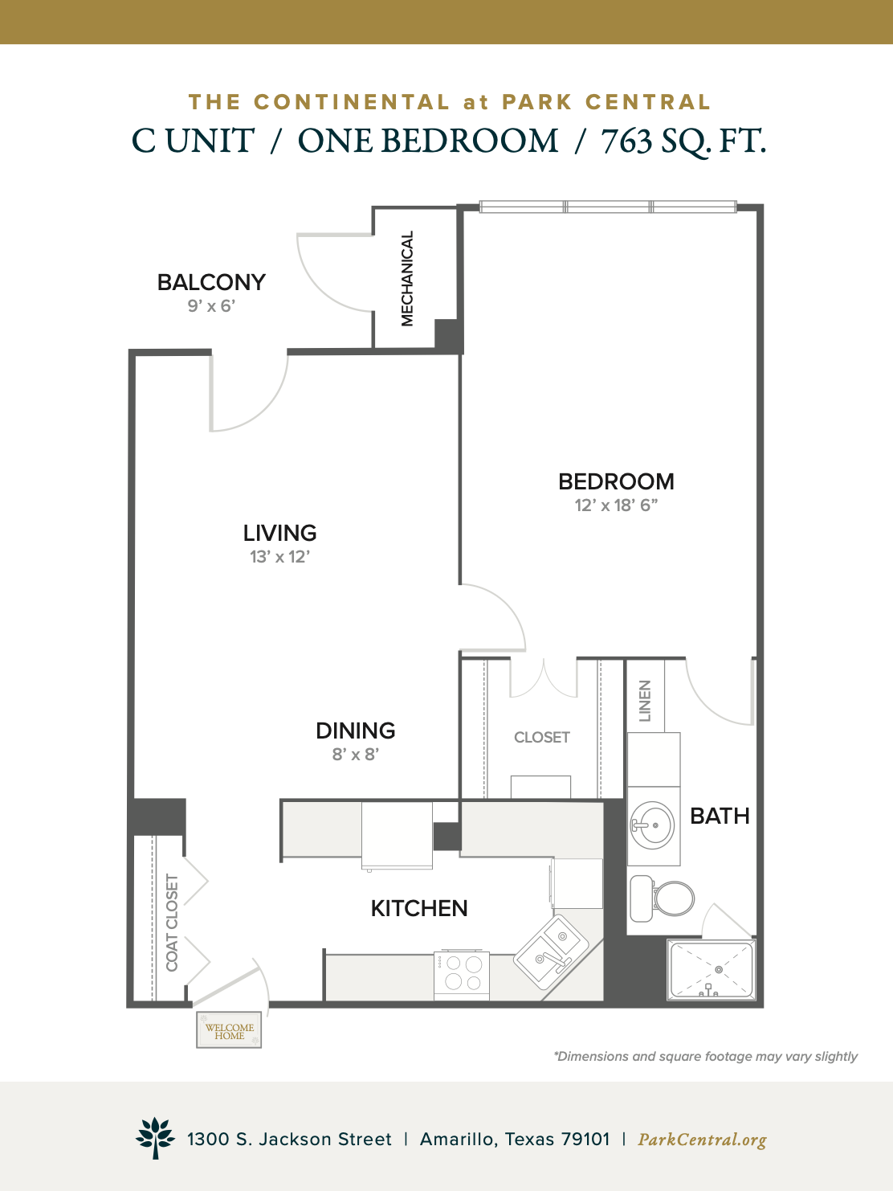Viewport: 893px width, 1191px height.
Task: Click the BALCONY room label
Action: click(211, 282)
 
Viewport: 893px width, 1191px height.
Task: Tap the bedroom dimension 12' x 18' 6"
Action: click(616, 505)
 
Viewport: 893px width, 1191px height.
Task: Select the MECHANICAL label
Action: click(407, 278)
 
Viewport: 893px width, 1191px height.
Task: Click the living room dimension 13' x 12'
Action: click(279, 557)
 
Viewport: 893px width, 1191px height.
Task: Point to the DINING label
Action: click(356, 731)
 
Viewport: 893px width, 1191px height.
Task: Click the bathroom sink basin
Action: click(652, 825)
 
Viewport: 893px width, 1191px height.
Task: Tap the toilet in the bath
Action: click(662, 898)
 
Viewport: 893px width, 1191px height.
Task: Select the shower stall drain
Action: click(719, 970)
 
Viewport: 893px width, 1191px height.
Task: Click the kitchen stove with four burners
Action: click(462, 975)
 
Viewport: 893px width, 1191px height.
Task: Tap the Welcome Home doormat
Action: click(229, 1029)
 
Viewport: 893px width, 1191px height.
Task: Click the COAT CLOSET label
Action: click(172, 923)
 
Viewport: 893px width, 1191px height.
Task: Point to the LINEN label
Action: click(645, 701)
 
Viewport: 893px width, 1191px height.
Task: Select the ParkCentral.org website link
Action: click(702, 1140)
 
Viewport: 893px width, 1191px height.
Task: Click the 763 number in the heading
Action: click(626, 141)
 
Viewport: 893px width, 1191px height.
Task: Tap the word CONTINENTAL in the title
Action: click(353, 102)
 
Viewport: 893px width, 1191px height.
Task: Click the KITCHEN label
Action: click(419, 908)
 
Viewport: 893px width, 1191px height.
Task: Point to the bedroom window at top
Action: click(608, 207)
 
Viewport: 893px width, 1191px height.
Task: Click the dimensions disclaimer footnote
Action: click(705, 1056)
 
